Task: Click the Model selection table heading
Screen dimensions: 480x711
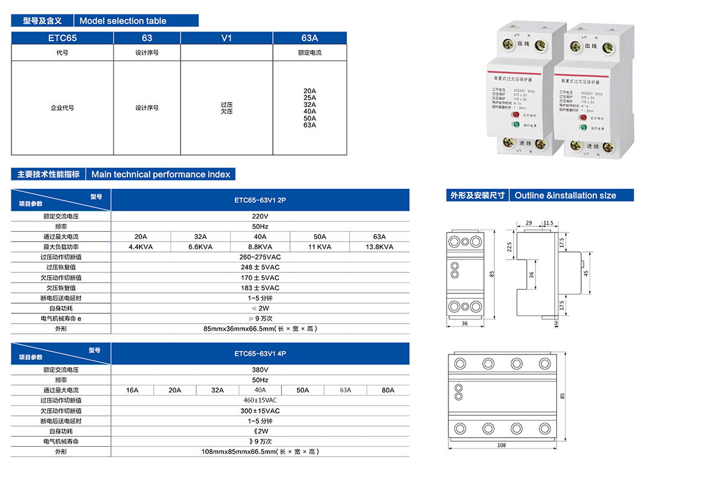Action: [123, 21]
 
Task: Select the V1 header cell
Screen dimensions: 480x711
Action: [226, 38]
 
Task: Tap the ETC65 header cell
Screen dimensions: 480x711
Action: [63, 38]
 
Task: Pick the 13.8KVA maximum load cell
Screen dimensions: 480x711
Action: [379, 247]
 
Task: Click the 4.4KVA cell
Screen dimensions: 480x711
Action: [140, 247]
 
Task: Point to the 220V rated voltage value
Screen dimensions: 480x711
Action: [260, 216]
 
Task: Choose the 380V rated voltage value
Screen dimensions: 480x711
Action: [260, 369]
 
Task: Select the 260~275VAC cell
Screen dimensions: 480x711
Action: [260, 257]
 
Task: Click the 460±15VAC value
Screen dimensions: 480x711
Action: [260, 400]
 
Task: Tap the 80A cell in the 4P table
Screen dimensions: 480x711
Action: [387, 390]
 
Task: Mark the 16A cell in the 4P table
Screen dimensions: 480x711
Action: [132, 390]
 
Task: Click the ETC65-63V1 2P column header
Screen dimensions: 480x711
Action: [260, 200]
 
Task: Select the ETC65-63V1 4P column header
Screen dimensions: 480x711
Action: [260, 353]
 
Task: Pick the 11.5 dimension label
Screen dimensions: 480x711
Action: [548, 223]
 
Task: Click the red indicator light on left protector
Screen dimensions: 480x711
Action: [516, 115]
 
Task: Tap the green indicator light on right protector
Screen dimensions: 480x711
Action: [583, 127]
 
